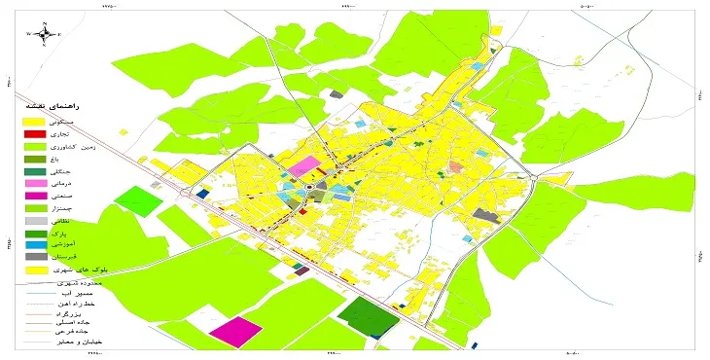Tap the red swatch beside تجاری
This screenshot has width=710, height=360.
[35, 133]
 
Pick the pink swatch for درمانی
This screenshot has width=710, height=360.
[35, 183]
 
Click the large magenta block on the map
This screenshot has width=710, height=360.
[235, 331]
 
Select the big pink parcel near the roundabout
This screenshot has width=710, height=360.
[304, 165]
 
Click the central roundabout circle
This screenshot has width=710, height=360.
[310, 188]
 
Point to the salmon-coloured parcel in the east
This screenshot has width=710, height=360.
[457, 168]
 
